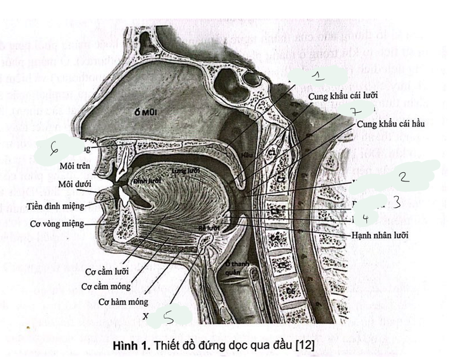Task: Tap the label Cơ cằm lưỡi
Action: (x=105, y=272)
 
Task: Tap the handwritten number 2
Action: (x=405, y=177)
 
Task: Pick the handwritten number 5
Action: (x=168, y=317)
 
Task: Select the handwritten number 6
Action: (x=54, y=151)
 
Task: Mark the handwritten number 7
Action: (x=353, y=112)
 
